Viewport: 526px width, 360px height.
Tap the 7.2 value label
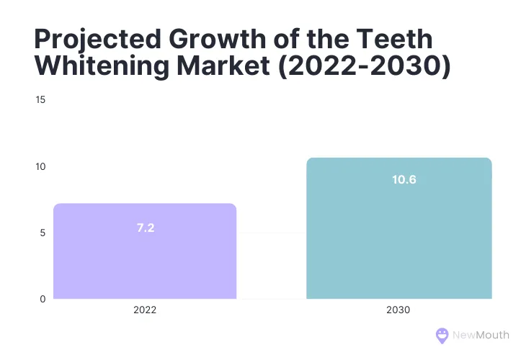point(146,228)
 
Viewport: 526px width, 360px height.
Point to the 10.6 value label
point(404,179)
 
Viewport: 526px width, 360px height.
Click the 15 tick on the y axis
point(40,99)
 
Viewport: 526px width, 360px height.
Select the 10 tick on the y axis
point(40,166)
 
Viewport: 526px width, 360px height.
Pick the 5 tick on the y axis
point(43,233)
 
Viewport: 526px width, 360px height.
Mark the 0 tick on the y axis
point(43,299)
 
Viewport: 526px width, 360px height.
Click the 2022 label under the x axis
point(145,312)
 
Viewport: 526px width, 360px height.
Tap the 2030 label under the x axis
point(398,312)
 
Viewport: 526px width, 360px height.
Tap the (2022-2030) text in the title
point(368,66)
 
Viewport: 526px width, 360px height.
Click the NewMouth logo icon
point(442,335)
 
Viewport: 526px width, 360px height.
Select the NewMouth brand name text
point(481,335)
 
